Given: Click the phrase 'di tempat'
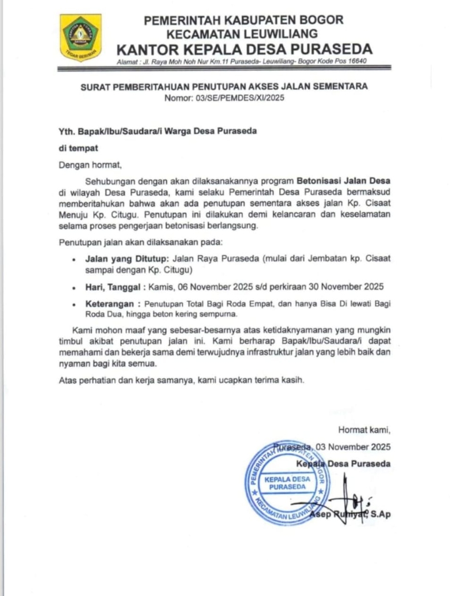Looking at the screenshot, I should [x=78, y=149].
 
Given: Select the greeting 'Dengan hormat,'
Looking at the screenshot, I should [x=89, y=165].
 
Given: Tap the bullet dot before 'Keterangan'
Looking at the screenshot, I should [x=74, y=305].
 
